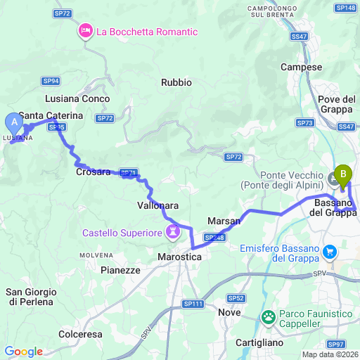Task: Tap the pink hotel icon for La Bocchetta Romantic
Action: pyautogui.click(x=86, y=31)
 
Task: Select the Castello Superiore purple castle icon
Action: pyautogui.click(x=172, y=231)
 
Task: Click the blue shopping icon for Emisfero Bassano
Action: pyautogui.click(x=329, y=251)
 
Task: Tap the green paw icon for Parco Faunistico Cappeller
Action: pyautogui.click(x=269, y=318)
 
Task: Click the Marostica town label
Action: pyautogui.click(x=179, y=258)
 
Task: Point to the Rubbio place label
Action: pyautogui.click(x=176, y=82)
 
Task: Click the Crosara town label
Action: pyautogui.click(x=93, y=171)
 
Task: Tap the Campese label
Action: pyautogui.click(x=301, y=67)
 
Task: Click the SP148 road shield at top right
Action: pyautogui.click(x=346, y=7)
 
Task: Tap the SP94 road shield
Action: pyautogui.click(x=51, y=81)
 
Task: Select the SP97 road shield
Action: pyautogui.click(x=336, y=343)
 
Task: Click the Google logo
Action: pyautogui.click(x=23, y=352)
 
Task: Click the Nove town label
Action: pyautogui.click(x=229, y=312)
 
